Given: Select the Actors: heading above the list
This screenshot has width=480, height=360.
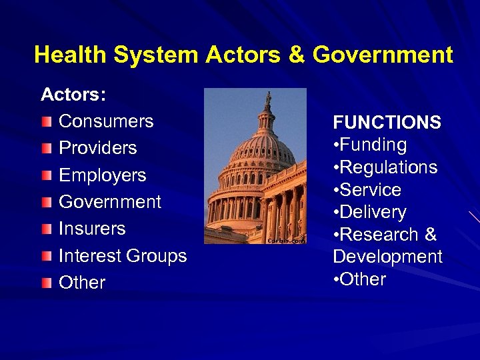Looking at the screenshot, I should tap(73, 95).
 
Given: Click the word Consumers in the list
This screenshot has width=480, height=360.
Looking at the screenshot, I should tap(106, 121).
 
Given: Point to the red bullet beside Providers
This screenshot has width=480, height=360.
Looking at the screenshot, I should tap(45, 149).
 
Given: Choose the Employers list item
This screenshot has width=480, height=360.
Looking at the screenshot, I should tap(102, 175).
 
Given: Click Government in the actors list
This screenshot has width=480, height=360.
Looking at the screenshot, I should tap(110, 202).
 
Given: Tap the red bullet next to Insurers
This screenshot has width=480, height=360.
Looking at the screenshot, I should tap(45, 229).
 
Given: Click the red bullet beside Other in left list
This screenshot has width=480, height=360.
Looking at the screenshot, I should tap(45, 283).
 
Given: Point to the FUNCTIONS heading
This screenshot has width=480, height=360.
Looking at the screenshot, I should tap(387, 123).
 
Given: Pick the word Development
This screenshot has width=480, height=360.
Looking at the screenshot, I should tap(387, 257).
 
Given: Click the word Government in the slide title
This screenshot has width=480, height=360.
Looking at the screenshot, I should tap(383, 55).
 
